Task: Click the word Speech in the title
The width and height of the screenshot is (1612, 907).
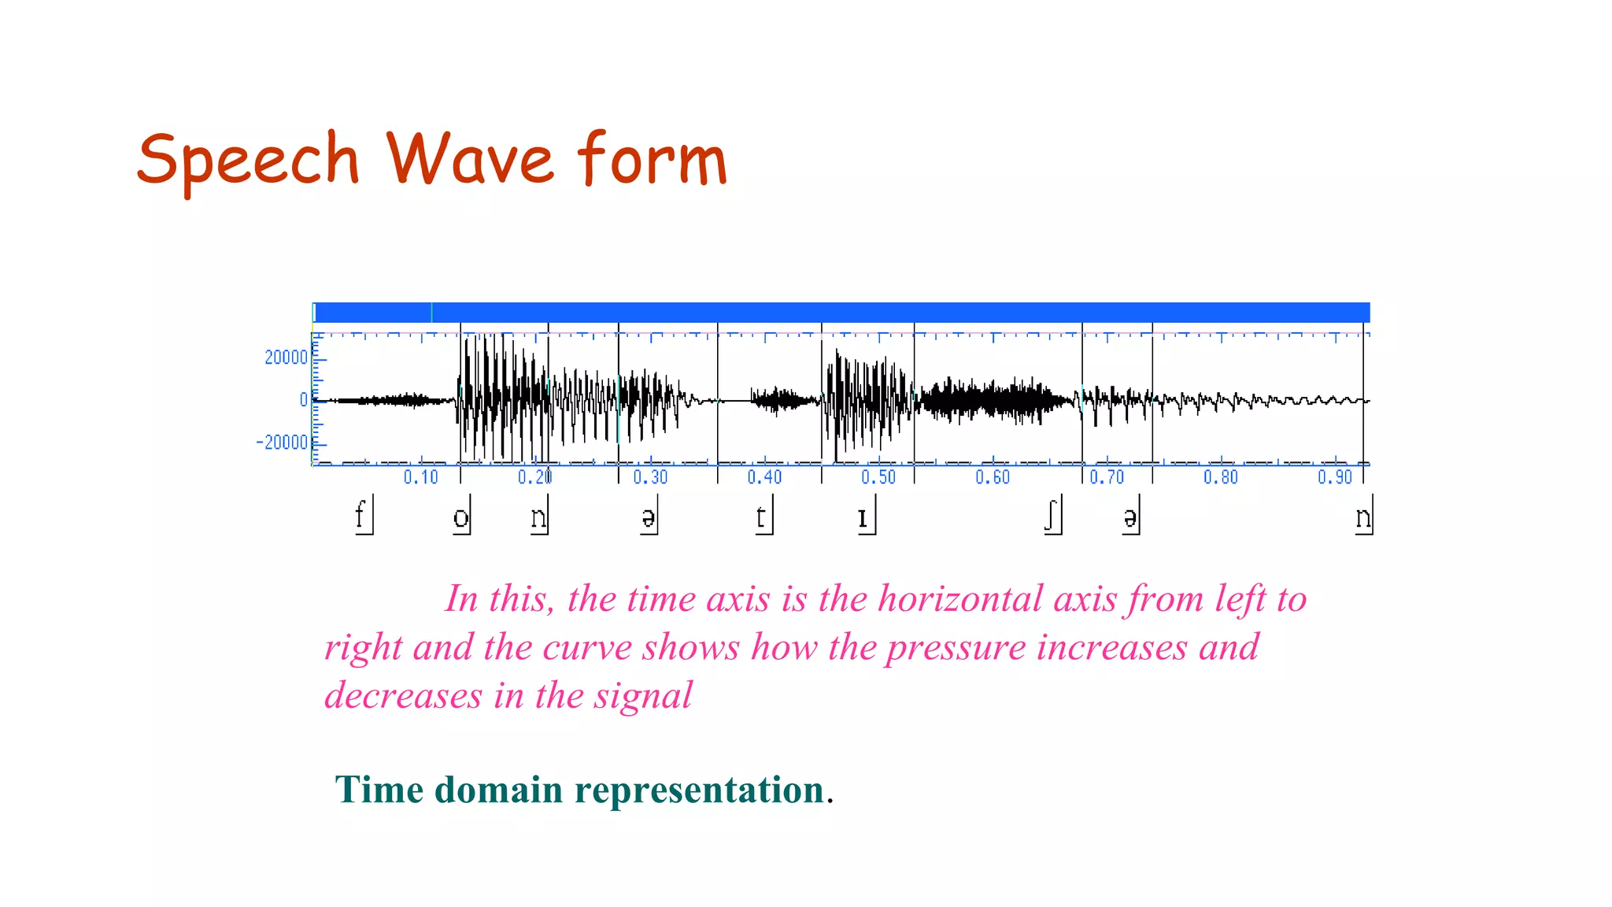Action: [x=248, y=161]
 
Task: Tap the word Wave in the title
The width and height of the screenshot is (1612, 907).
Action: [x=469, y=159]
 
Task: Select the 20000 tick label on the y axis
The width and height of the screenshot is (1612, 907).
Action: [x=286, y=357]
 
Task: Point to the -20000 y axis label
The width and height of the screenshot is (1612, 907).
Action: [x=282, y=442]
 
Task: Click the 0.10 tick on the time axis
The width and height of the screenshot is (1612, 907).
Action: [x=421, y=477]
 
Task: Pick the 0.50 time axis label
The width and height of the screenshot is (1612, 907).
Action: [x=878, y=477]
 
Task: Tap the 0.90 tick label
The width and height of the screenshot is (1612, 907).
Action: [x=1335, y=477]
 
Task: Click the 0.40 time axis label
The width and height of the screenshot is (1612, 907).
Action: [x=764, y=477]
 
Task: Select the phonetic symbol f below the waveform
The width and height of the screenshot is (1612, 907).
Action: [x=360, y=516]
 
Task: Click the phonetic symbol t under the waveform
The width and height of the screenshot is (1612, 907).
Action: [x=760, y=517]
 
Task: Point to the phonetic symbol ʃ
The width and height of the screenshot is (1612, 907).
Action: [x=1051, y=516]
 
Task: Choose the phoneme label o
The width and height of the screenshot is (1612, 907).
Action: [x=460, y=517]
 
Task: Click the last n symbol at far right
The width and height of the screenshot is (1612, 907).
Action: [x=1362, y=517]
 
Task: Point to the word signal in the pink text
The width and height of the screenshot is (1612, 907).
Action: [x=642, y=696]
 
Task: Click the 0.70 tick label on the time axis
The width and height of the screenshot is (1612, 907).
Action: [x=1107, y=477]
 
